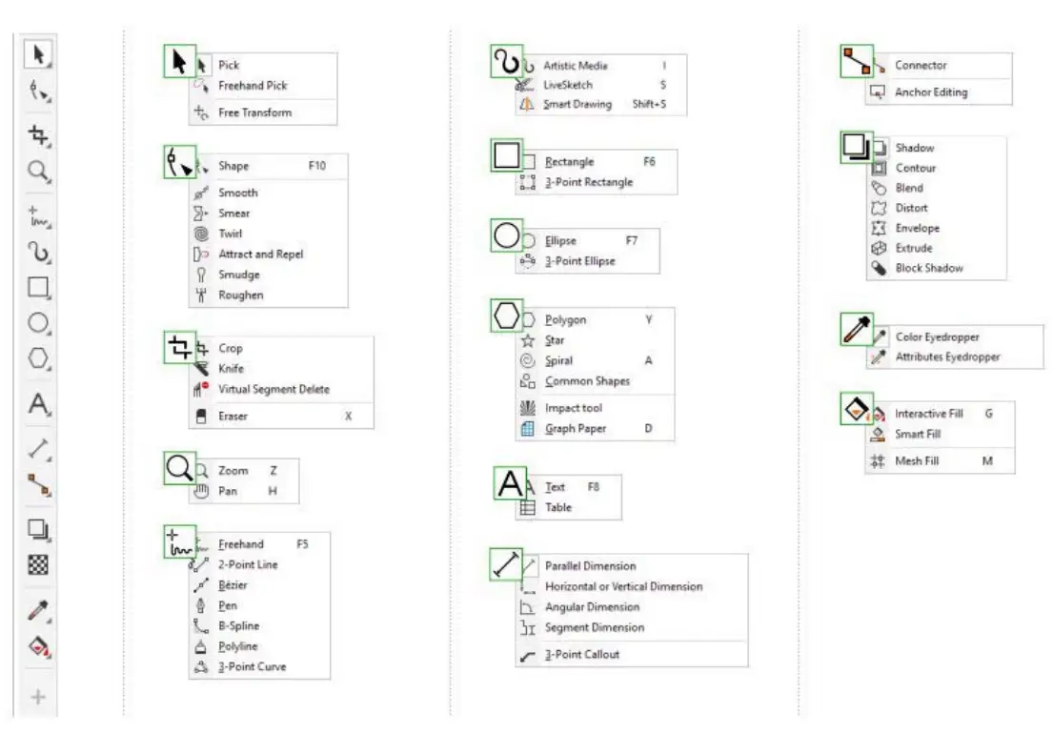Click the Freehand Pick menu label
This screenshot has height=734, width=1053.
click(x=253, y=86)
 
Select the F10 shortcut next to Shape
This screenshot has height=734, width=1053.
click(x=316, y=166)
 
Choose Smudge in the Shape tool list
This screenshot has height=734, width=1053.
click(x=238, y=275)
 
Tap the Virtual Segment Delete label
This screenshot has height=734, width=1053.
click(x=273, y=389)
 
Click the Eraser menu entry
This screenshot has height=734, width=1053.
click(x=233, y=417)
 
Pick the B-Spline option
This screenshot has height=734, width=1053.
click(x=238, y=626)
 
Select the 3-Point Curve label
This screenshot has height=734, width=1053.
click(x=252, y=667)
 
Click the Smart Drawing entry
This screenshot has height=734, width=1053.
click(x=577, y=105)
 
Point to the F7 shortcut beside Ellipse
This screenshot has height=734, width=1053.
click(x=632, y=241)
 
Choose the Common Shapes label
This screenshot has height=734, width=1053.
click(x=587, y=381)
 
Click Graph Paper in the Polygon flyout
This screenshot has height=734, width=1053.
click(x=576, y=429)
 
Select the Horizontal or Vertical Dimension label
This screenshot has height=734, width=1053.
click(x=623, y=587)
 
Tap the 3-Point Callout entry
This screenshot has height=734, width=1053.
click(x=581, y=655)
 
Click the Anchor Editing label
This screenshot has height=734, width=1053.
click(x=931, y=92)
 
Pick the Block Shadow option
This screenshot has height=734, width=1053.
click(x=929, y=269)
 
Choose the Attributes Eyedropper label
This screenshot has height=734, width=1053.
click(x=947, y=357)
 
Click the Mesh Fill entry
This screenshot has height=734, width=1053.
click(x=916, y=461)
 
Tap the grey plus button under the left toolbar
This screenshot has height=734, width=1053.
click(x=38, y=698)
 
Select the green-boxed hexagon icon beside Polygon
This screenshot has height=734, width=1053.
click(x=507, y=316)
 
